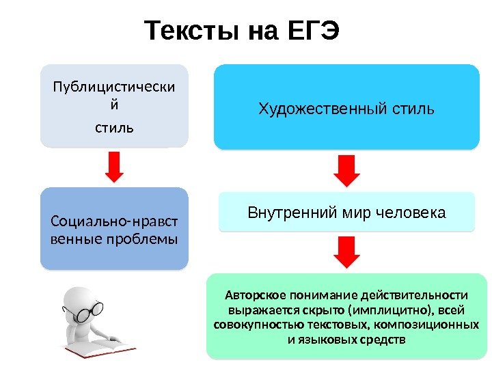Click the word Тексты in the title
(187, 31)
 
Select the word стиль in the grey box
(114, 128)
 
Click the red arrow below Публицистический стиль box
(114, 167)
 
